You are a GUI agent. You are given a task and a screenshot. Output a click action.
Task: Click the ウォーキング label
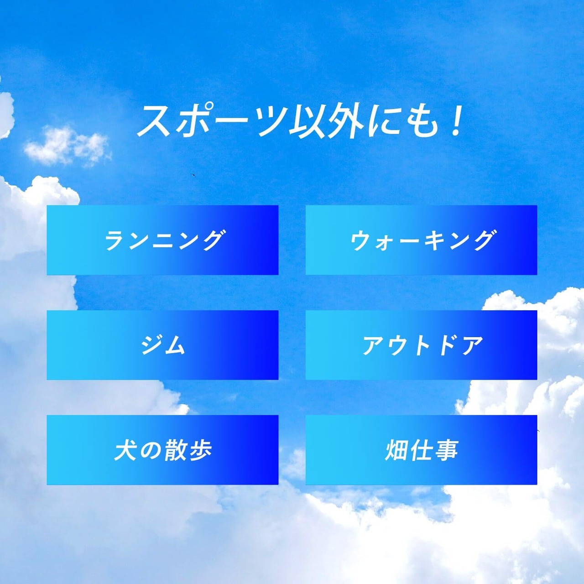click(x=421, y=240)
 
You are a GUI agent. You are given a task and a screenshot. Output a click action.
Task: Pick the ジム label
click(x=163, y=345)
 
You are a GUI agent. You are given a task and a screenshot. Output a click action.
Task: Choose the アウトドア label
click(x=422, y=345)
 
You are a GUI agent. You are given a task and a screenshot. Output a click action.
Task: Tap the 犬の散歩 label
click(x=163, y=450)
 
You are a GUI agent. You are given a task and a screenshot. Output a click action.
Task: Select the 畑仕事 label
click(x=421, y=450)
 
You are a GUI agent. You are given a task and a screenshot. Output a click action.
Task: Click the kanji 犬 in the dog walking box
click(x=125, y=450)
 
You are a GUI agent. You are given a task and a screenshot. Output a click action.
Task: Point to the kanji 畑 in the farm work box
click(x=396, y=450)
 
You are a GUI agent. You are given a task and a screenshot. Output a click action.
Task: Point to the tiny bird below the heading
click(x=193, y=175)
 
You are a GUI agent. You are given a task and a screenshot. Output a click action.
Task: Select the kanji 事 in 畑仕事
click(x=446, y=450)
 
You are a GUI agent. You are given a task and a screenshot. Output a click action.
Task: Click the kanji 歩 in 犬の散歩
click(x=200, y=450)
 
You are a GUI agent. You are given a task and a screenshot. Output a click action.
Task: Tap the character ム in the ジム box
click(x=174, y=345)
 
